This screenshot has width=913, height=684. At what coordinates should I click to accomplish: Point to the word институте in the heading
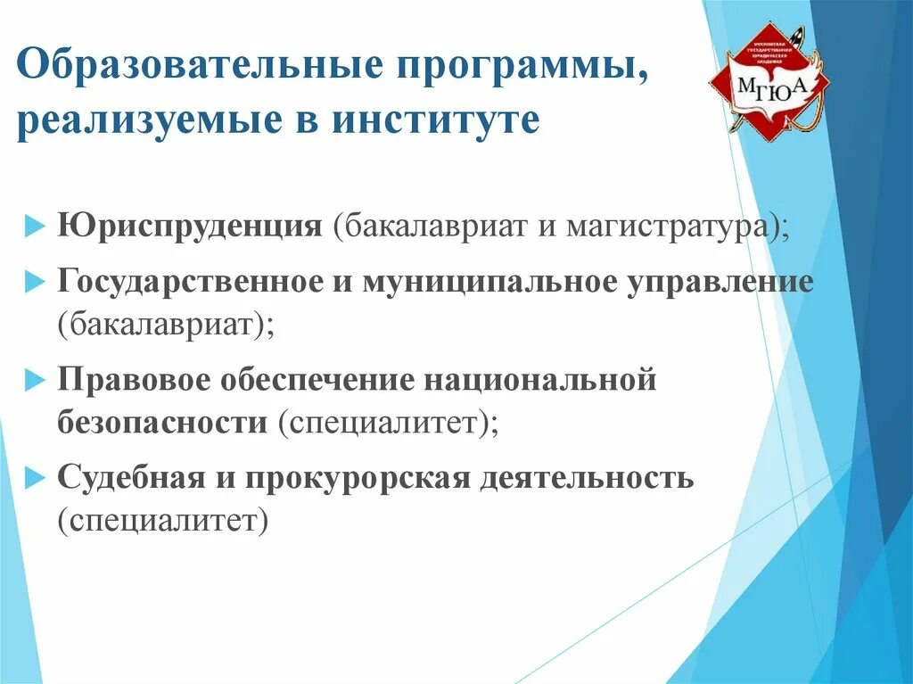[x=436, y=120]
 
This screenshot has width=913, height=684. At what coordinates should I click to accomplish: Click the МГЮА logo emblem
[x=768, y=85]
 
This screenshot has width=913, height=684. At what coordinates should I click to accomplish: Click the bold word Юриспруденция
[x=190, y=225]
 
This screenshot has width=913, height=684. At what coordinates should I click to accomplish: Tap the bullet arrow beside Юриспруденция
[x=33, y=226]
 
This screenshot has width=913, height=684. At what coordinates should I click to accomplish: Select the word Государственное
[x=190, y=282]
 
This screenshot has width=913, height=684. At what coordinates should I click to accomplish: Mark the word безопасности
[x=162, y=422]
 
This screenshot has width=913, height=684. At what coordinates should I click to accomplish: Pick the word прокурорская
[x=357, y=477]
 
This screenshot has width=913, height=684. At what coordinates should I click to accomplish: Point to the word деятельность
[x=587, y=477]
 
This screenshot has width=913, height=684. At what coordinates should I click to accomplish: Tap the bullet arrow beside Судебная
[x=33, y=478]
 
